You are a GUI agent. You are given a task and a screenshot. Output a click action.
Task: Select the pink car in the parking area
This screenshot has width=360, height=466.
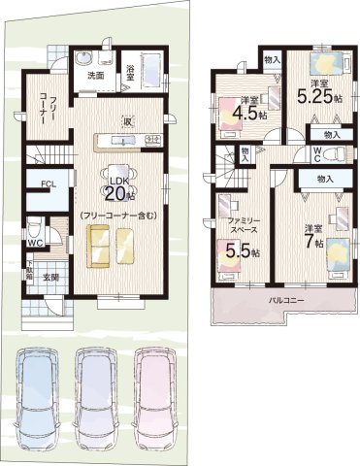161,398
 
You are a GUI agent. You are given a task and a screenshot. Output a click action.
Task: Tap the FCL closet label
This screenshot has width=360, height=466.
48,183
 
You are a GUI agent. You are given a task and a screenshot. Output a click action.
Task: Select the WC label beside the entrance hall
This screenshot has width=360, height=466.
34,243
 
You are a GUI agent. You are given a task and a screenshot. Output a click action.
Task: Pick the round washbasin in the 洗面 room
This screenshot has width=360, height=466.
83,54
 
